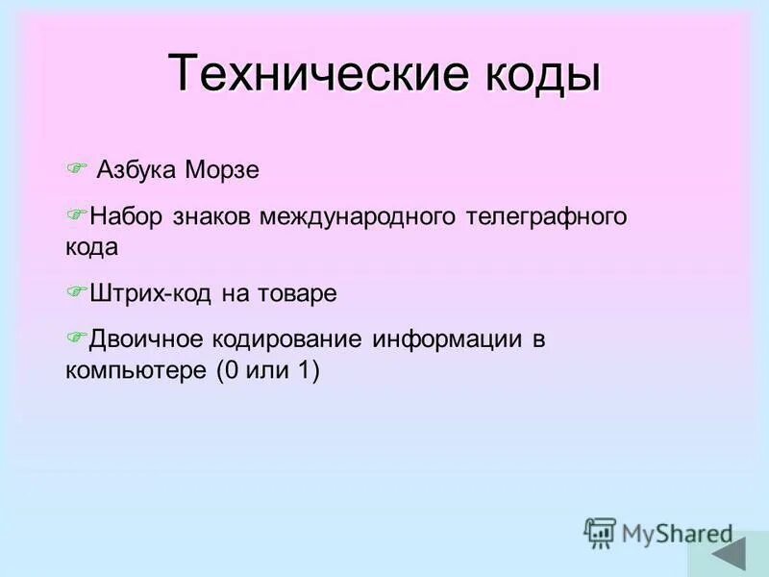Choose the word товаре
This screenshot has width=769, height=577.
[x=297, y=293]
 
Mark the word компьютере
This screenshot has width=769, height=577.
[x=134, y=370]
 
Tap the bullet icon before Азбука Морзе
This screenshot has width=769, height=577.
[x=76, y=169]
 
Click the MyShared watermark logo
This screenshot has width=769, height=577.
[x=658, y=532]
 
